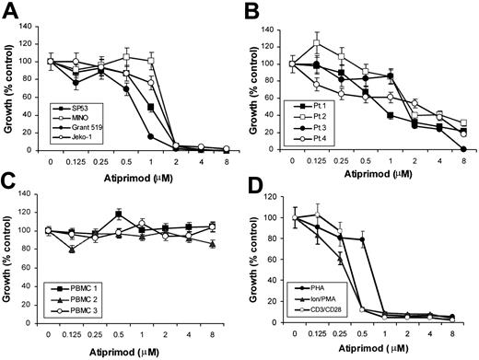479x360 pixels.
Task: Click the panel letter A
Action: [10, 11]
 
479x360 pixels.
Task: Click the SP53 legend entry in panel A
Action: [81, 108]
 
